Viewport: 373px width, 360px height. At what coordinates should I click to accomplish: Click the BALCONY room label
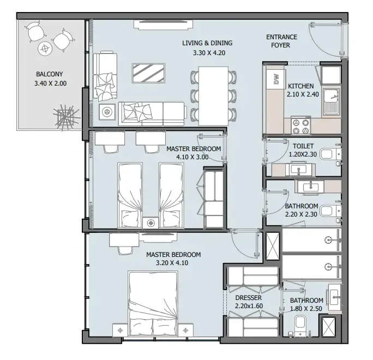pos(50,74)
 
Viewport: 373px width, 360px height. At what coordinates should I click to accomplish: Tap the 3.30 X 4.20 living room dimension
pos(209,53)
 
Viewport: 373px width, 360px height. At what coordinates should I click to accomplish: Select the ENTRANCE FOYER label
pos(281,41)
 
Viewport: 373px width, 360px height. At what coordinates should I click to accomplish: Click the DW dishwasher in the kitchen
pos(276,79)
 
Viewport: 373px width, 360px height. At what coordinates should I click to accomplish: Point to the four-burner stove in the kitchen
pos(300,125)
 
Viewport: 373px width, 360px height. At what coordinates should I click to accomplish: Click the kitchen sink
pos(331,101)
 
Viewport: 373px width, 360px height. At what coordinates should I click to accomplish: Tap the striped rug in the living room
pos(149,73)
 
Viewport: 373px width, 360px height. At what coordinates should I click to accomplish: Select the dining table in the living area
pos(213,96)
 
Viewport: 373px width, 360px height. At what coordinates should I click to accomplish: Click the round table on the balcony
pos(45,49)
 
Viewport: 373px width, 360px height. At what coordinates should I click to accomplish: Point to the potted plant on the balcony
pos(65,117)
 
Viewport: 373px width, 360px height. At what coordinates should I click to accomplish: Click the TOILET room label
pos(303,146)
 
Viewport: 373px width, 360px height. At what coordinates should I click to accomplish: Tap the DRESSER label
pos(248,298)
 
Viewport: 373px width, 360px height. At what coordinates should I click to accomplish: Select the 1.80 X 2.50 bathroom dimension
pos(306,309)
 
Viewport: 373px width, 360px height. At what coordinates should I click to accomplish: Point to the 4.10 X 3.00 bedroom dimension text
pos(192,157)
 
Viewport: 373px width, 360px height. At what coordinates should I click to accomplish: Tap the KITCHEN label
pos(300,86)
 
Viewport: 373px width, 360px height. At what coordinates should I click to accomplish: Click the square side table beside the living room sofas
pos(107,111)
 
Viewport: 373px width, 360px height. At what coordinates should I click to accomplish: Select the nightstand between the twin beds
pos(151,223)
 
